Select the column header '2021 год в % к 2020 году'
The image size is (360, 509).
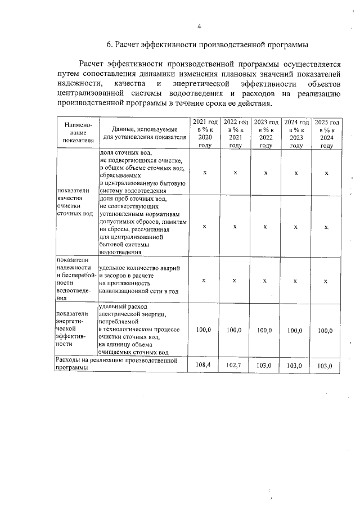click(205, 133)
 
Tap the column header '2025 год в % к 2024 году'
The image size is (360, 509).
click(326, 133)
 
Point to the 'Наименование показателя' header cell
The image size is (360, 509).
click(78, 133)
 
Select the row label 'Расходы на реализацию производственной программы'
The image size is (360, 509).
click(121, 363)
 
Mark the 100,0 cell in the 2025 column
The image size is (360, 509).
click(326, 331)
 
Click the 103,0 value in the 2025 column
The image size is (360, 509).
click(326, 366)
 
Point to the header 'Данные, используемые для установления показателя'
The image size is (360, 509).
click(145, 133)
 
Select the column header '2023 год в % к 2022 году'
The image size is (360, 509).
click(265, 133)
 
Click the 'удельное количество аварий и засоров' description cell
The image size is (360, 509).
click(144, 280)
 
